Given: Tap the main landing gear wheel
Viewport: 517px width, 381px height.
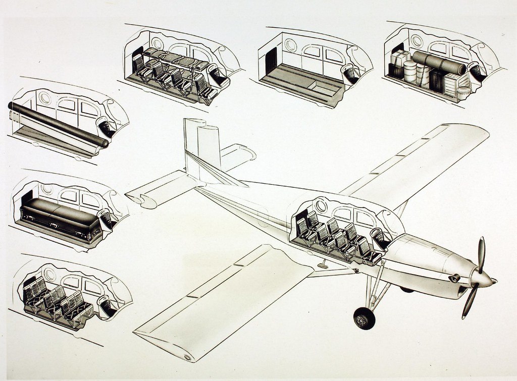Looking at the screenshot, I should [364, 318].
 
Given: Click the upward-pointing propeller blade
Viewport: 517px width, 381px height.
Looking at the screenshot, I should [481, 254].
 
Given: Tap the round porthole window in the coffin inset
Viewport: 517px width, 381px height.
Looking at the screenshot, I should [47, 189].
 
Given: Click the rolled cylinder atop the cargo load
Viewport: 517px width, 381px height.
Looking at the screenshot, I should [438, 63].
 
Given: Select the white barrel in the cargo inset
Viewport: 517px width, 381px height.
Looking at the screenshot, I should [410, 72].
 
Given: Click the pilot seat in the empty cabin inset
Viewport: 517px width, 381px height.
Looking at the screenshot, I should [349, 73].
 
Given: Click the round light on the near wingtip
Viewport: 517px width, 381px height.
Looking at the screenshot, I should [188, 357].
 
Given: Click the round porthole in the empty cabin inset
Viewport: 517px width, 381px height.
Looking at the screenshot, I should [290, 44].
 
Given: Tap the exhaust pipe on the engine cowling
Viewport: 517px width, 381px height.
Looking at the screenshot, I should [455, 278].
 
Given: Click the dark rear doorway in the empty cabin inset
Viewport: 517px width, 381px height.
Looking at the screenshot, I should [271, 60].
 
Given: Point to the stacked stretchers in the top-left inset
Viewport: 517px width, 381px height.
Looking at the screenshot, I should [174, 59].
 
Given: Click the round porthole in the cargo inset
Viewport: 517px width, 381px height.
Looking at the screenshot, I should [417, 40].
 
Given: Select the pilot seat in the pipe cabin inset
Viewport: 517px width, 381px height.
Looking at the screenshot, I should [106, 127].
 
